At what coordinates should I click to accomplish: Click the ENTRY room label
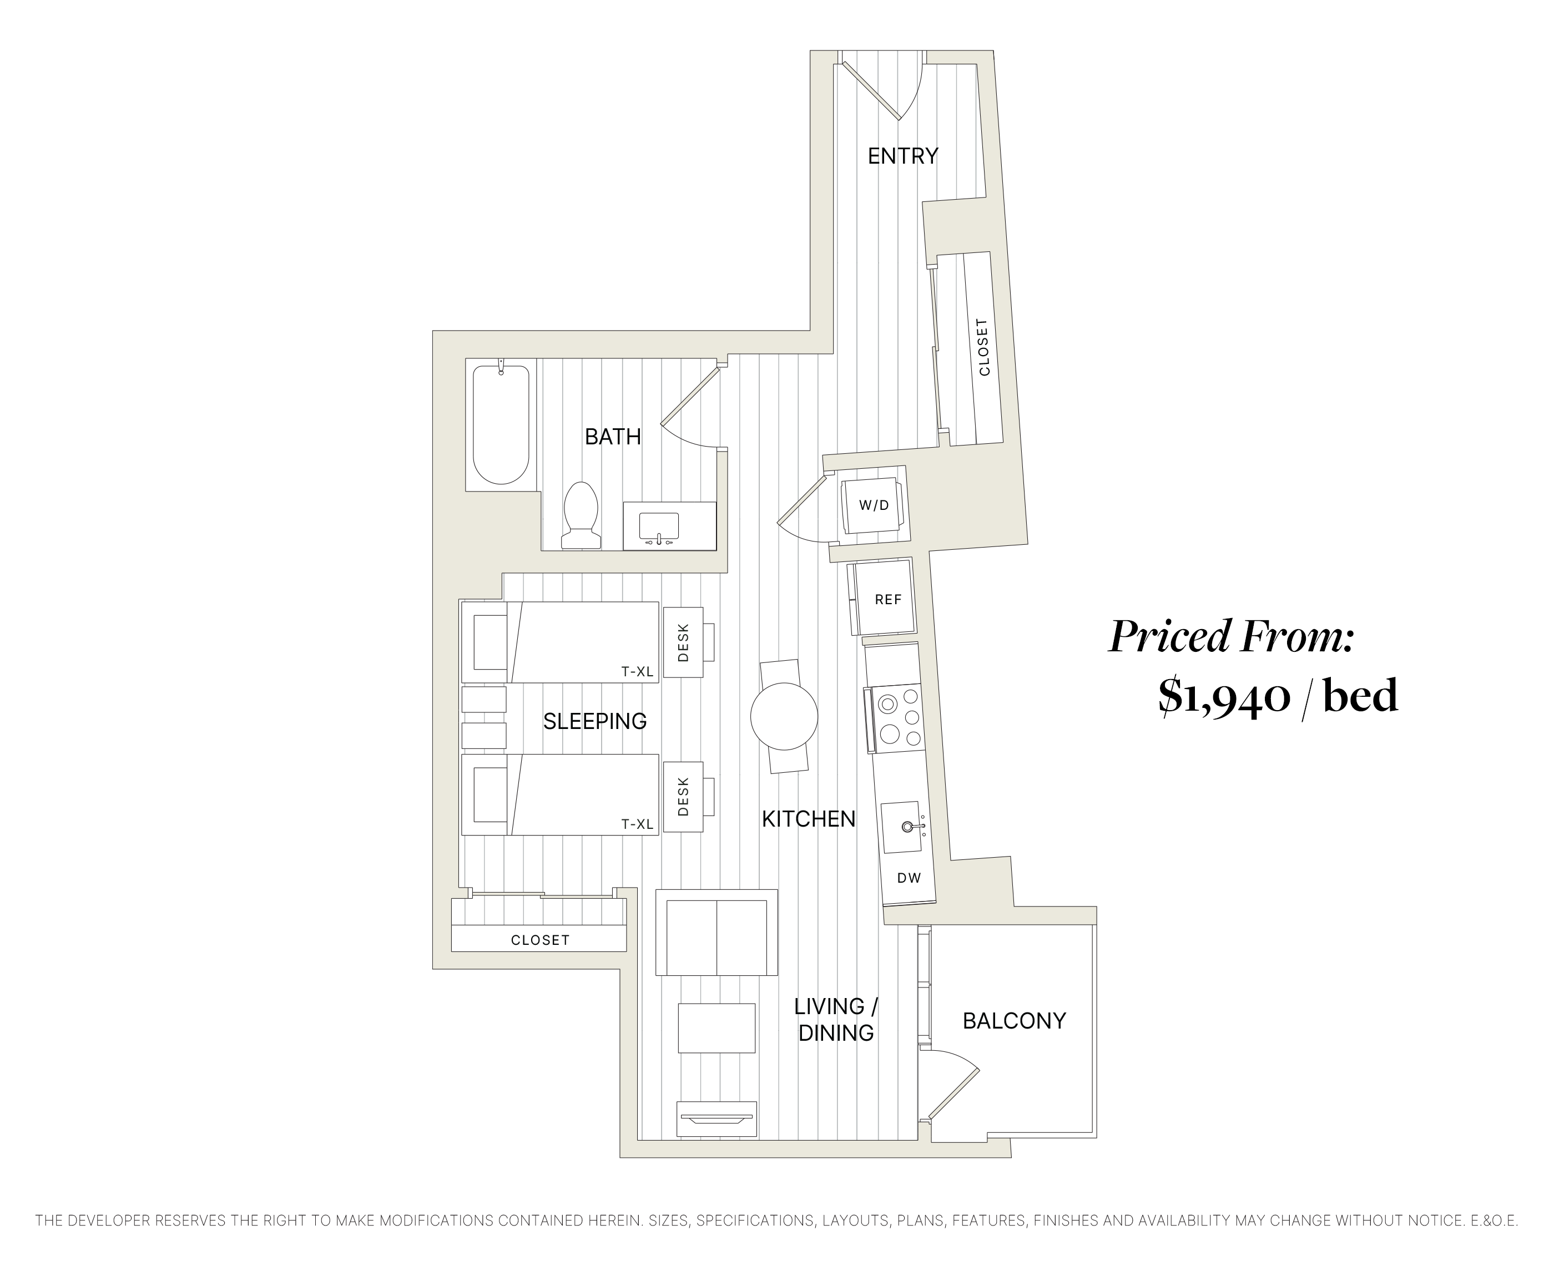[902, 156]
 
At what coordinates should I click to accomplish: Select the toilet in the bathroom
[581, 514]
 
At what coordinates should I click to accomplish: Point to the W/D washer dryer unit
[874, 506]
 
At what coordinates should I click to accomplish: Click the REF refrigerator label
[887, 600]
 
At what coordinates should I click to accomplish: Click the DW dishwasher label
[909, 878]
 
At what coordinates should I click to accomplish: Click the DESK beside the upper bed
[683, 642]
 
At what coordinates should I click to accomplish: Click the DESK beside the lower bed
[683, 797]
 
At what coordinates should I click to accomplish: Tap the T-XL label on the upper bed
[637, 671]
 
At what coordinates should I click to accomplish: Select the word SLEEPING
[595, 721]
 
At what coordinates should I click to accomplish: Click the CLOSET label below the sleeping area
[539, 940]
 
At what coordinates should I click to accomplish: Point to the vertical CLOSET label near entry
[983, 347]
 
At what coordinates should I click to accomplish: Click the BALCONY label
[1013, 1021]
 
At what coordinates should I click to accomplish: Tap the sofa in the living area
[716, 932]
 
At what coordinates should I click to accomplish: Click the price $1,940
[1223, 696]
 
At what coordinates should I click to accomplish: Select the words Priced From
[1230, 636]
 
